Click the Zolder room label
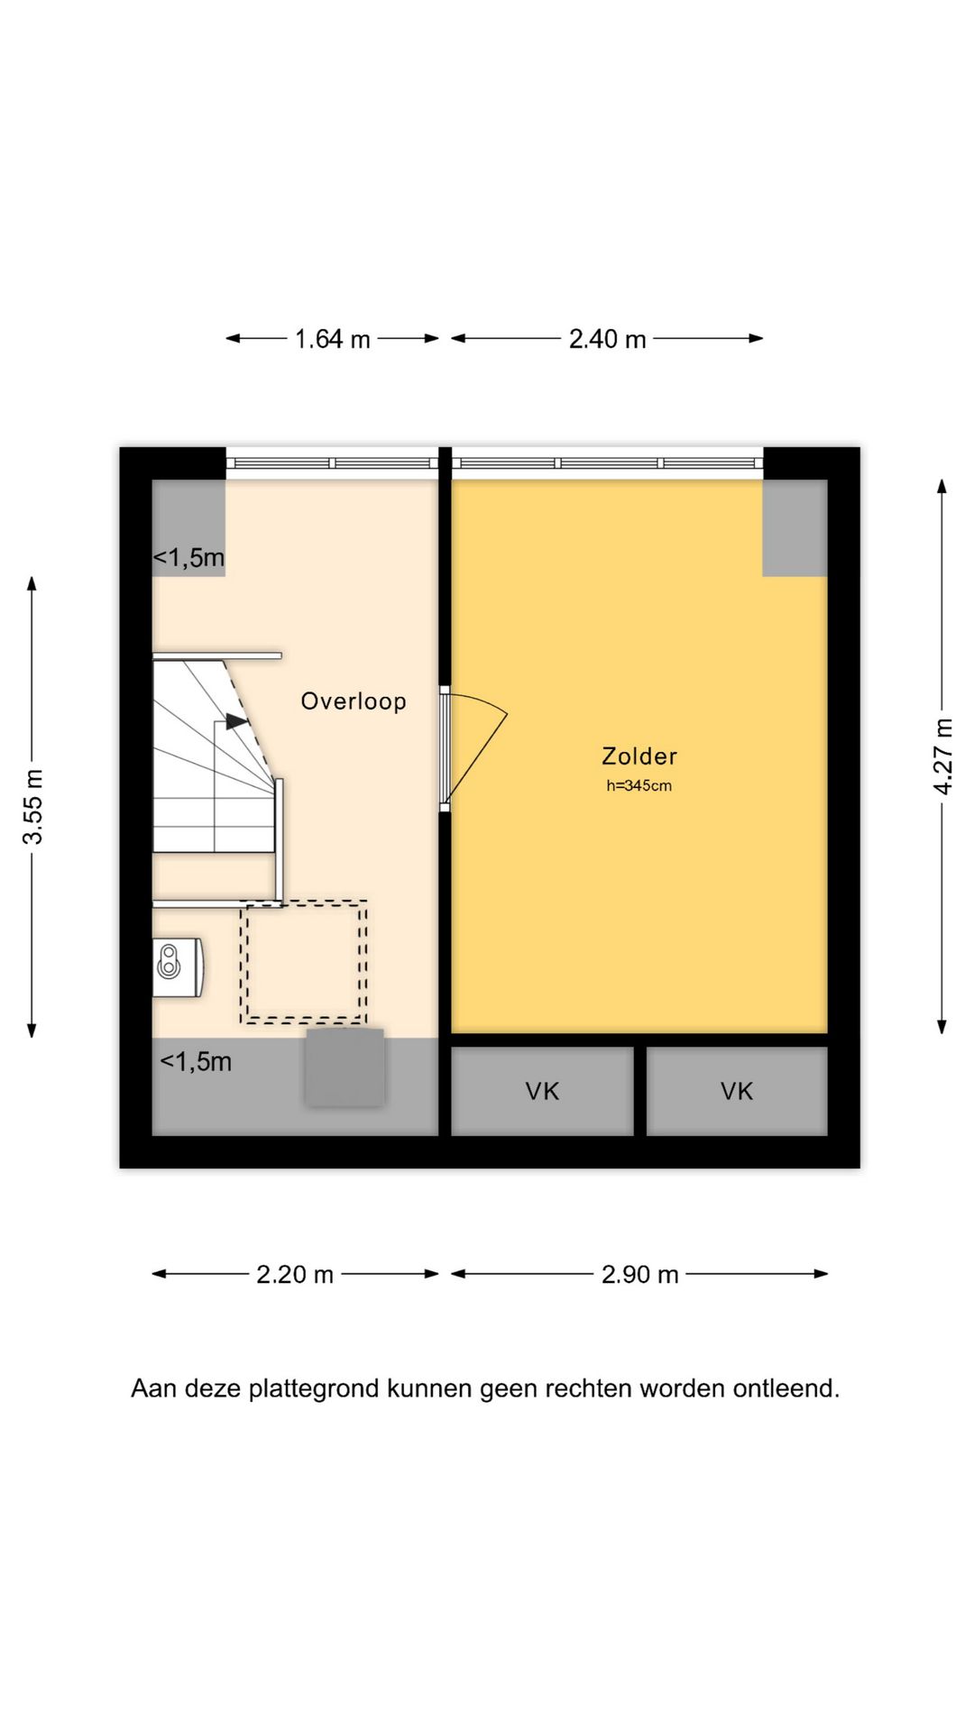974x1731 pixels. pyautogui.click(x=639, y=756)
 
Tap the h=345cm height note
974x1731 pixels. pyautogui.click(x=639, y=785)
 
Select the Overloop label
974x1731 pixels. pyautogui.click(x=354, y=701)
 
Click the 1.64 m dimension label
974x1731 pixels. pyautogui.click(x=333, y=339)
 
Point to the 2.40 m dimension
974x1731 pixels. pyautogui.click(x=607, y=339)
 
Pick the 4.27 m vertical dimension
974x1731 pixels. pyautogui.click(x=942, y=756)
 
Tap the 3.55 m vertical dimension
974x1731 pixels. pyautogui.click(x=32, y=807)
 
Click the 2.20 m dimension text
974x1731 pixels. pyautogui.click(x=295, y=1275)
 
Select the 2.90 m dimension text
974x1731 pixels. pyautogui.click(x=639, y=1275)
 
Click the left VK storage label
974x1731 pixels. pyautogui.click(x=542, y=1092)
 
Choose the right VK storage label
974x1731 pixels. pyautogui.click(x=737, y=1092)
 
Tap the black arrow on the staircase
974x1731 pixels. pyautogui.click(x=236, y=721)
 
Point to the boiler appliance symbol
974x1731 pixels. pyautogui.click(x=177, y=967)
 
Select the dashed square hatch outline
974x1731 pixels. pyautogui.click(x=303, y=962)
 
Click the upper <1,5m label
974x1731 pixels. pyautogui.click(x=188, y=558)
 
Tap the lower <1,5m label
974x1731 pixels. pyautogui.click(x=196, y=1062)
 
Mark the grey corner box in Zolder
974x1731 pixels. pyautogui.click(x=795, y=528)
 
